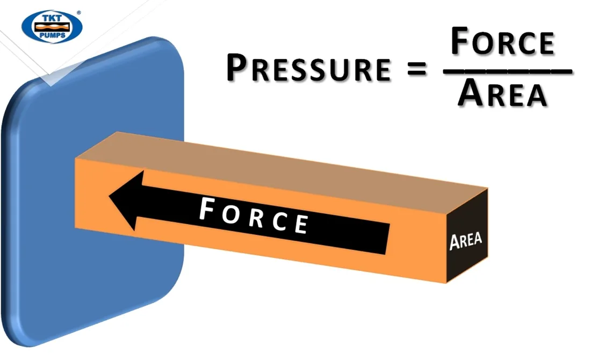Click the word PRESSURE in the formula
[x=309, y=68]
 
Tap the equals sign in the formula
[x=417, y=69]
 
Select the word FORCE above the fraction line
[x=503, y=41]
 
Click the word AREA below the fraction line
[x=502, y=93]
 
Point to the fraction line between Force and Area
[x=508, y=71]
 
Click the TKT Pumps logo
[x=52, y=26]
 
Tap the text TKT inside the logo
[x=52, y=18]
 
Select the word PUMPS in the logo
[x=52, y=35]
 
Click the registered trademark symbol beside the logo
[x=79, y=12]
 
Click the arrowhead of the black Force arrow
[x=126, y=200]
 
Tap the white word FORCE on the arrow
[x=254, y=215]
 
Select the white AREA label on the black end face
[x=466, y=241]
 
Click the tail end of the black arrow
[x=387, y=239]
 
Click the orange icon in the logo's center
[x=52, y=27]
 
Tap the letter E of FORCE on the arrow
[x=301, y=224]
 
